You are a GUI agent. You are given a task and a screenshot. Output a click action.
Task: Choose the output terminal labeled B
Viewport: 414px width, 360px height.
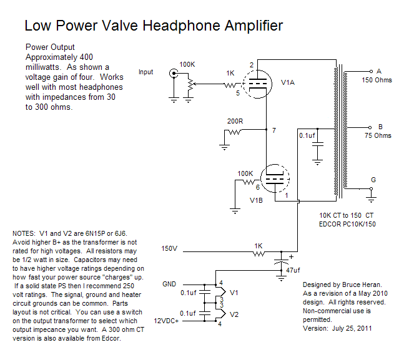tap(371, 125)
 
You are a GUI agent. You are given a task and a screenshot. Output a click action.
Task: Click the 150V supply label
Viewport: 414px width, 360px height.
tap(169, 249)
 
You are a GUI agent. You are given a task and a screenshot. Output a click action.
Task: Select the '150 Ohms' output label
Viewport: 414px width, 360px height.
tap(377, 80)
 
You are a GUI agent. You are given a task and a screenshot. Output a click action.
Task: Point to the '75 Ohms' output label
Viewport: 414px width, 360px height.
tap(378, 135)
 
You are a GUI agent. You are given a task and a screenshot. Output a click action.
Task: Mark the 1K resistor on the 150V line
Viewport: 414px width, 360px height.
tap(257, 253)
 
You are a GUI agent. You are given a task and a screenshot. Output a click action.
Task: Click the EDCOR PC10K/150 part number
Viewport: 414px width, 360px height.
tap(347, 223)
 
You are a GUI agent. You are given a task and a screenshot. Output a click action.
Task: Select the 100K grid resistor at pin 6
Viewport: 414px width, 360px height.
tap(244, 182)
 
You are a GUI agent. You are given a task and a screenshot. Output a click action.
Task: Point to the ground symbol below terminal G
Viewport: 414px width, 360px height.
tap(372, 195)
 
